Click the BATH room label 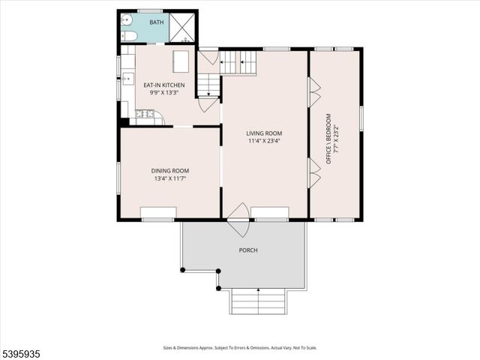(x=157, y=22)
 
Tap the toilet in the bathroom (x=127, y=36)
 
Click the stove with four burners (x=144, y=114)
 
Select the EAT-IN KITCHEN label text (x=163, y=85)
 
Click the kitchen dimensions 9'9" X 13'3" (x=163, y=93)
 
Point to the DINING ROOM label (x=170, y=170)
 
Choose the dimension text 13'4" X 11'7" (x=170, y=178)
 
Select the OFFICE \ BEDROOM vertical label (x=328, y=139)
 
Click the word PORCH (x=248, y=250)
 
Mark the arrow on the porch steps (x=258, y=290)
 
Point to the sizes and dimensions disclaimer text (x=240, y=348)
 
